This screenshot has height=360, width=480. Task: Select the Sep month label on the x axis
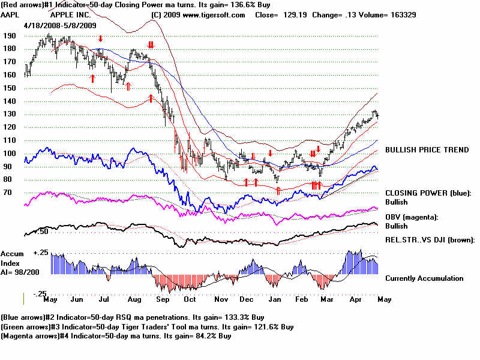tap(162, 298)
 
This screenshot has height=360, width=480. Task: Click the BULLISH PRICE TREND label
tap(427, 149)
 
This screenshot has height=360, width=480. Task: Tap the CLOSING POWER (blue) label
tap(428, 193)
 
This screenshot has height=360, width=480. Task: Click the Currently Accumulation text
tap(424, 278)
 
